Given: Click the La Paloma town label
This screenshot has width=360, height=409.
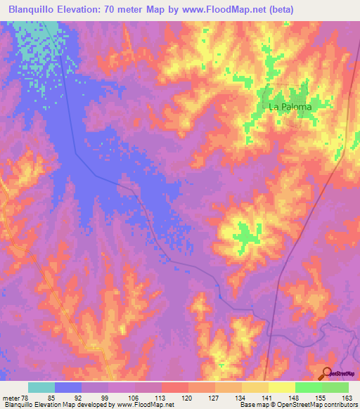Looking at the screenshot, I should [x=290, y=107].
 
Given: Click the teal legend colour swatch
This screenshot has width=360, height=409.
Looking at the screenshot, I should [x=41, y=387].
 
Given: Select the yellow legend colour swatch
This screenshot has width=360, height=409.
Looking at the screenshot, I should [x=281, y=387].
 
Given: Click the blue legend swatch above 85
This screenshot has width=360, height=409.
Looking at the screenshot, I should [x=68, y=387].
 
